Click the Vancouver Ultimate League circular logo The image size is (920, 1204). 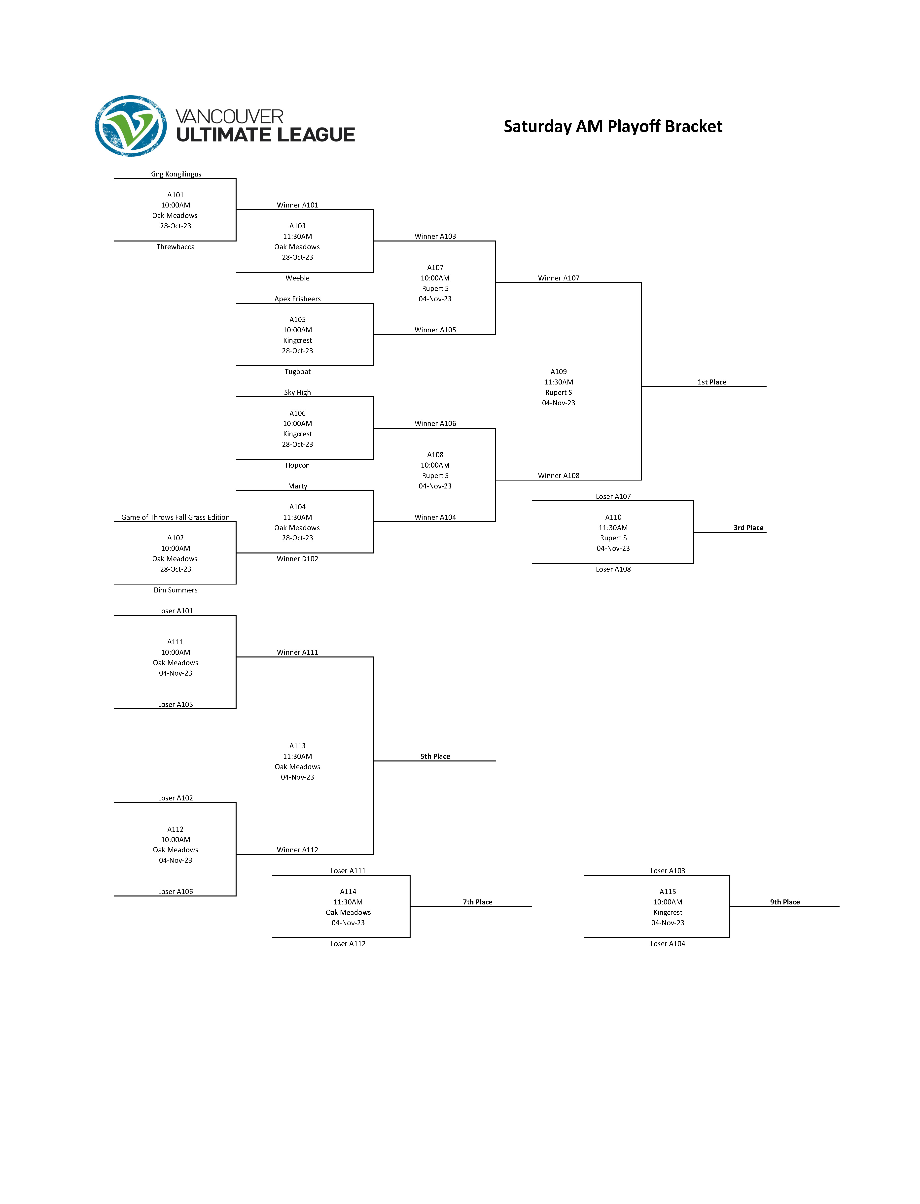tap(131, 126)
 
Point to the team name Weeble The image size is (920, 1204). tap(297, 278)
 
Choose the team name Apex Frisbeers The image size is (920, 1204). tap(297, 299)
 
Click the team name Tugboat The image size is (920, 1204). tap(297, 372)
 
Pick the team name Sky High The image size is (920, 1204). tap(297, 393)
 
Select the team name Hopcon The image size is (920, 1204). tap(297, 465)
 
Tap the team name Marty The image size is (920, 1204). tap(297, 486)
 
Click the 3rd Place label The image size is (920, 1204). tap(748, 528)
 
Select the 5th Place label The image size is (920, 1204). tap(435, 757)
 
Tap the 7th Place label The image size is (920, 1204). tap(478, 902)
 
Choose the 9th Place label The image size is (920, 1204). tap(785, 902)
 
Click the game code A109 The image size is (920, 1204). tap(559, 372)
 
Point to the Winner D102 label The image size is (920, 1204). tap(297, 559)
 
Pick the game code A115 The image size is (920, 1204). tap(668, 892)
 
